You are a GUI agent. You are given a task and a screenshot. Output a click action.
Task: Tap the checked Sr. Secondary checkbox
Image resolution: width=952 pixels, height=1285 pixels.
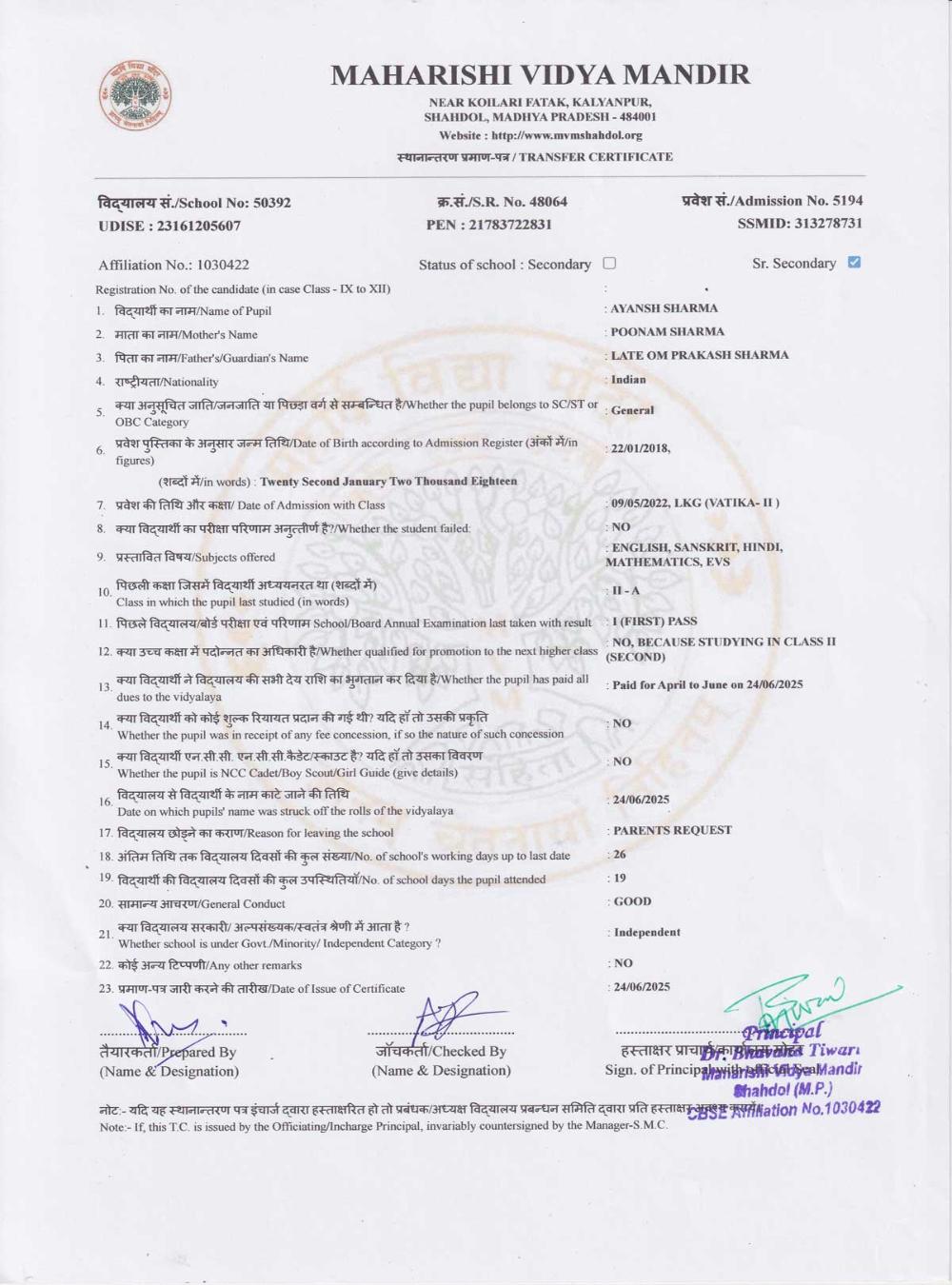[854, 263]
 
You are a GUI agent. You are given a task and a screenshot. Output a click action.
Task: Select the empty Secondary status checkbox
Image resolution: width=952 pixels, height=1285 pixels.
[609, 264]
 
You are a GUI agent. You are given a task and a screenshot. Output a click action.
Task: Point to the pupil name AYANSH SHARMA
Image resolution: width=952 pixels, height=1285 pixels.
[664, 308]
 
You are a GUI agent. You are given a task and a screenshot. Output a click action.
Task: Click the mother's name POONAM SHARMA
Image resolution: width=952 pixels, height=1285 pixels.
[666, 332]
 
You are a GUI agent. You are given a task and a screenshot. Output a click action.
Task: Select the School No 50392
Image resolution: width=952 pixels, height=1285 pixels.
[271, 203]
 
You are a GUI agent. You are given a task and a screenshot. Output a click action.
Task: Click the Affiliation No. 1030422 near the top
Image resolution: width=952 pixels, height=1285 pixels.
[223, 265]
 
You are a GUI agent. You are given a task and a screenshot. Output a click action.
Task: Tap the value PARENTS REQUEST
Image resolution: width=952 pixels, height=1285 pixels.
[672, 830]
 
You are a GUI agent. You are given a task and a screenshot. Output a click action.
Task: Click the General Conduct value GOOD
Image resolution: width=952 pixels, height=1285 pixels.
[632, 901]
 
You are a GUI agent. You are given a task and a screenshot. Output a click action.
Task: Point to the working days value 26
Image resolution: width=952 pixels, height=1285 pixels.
[619, 855]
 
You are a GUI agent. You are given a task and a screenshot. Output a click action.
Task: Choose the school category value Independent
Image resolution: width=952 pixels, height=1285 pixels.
[646, 933]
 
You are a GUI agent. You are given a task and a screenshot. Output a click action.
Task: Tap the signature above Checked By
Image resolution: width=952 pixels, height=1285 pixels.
[443, 1017]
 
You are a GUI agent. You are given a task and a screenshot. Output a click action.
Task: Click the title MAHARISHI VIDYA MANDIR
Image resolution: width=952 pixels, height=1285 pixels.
[540, 74]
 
